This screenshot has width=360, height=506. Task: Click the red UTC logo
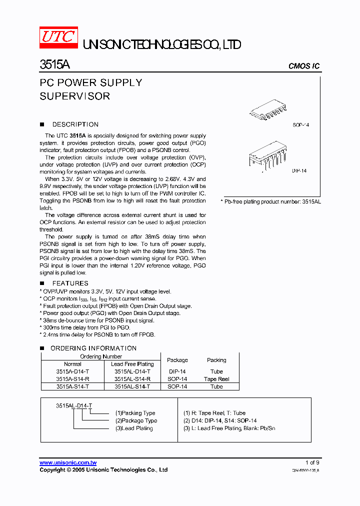(58, 38)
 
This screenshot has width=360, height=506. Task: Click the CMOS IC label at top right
(304, 66)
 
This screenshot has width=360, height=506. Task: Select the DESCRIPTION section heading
(75, 124)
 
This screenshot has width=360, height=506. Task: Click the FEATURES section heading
(70, 283)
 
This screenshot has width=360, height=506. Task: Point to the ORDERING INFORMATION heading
(93, 348)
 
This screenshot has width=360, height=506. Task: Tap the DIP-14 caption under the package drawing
(299, 171)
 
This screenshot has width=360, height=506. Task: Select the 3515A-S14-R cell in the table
(72, 379)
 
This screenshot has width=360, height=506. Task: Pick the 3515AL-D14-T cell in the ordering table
(132, 371)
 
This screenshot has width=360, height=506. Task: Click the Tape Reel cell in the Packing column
(216, 379)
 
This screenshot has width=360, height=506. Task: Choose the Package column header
(177, 360)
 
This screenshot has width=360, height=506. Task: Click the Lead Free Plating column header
(132, 364)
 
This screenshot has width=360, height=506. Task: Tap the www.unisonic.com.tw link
(68, 462)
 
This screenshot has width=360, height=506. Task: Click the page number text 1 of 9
(312, 462)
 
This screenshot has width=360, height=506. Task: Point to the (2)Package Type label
(136, 420)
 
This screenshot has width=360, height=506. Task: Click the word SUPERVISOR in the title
(74, 96)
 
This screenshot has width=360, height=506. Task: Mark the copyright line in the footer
(103, 470)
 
